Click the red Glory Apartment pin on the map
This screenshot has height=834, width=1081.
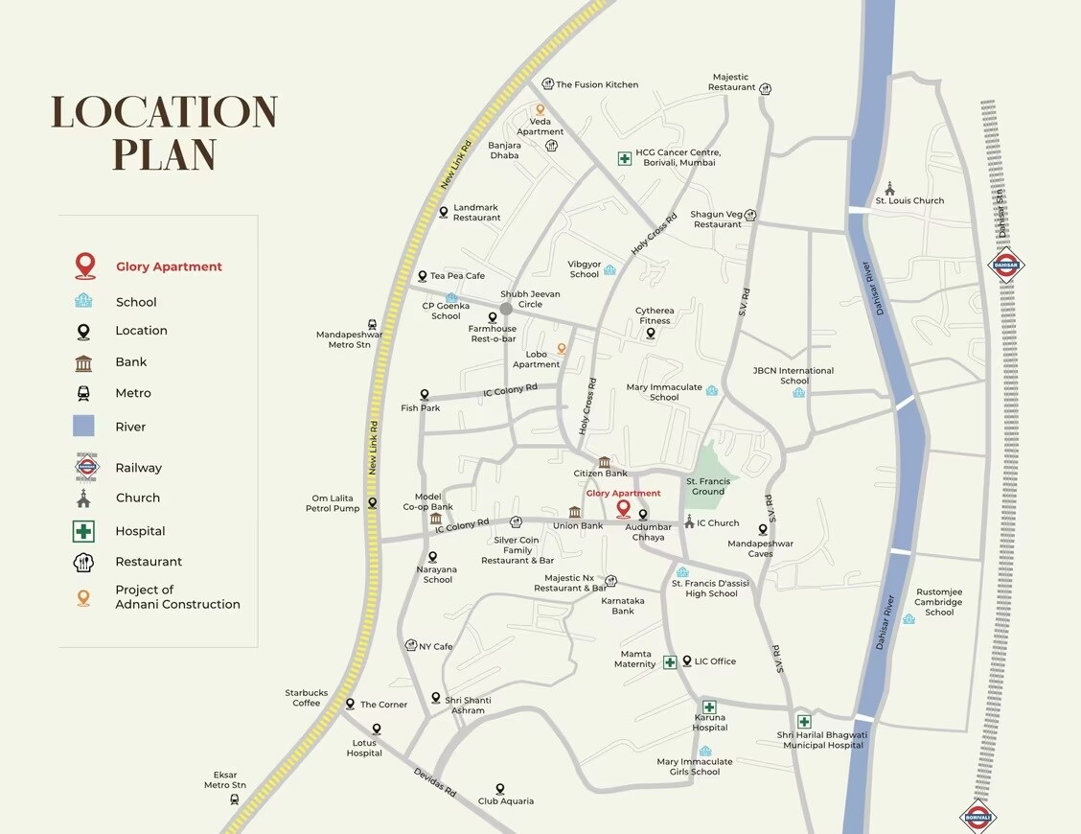(x=623, y=508)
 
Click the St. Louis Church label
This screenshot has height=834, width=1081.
(x=909, y=201)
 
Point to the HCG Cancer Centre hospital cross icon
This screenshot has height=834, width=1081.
(x=625, y=158)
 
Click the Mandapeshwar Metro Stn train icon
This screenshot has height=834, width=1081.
(x=372, y=325)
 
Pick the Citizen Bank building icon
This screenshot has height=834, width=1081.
(x=604, y=462)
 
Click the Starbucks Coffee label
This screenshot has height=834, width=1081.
(x=307, y=698)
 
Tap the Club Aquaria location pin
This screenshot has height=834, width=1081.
(x=499, y=789)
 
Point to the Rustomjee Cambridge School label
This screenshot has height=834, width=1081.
(x=938, y=602)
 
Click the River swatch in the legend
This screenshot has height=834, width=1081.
(x=84, y=427)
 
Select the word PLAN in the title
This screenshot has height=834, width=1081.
(x=164, y=154)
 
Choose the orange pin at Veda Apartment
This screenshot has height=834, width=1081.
(x=540, y=110)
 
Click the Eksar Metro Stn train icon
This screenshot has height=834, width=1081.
(x=235, y=799)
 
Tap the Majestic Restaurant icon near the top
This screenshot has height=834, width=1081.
(x=765, y=89)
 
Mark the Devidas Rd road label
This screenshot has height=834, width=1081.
(x=435, y=783)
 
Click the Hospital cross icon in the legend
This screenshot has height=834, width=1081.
(x=84, y=531)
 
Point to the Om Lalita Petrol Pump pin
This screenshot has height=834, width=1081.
(x=372, y=502)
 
